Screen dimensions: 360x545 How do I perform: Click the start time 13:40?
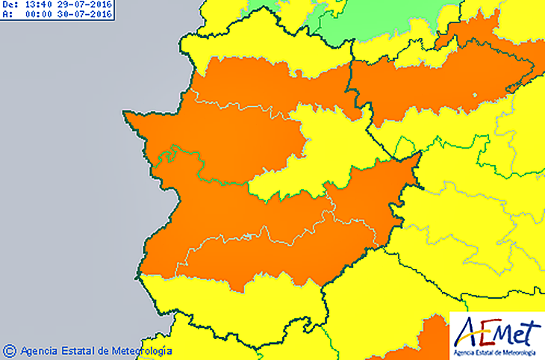[38, 4]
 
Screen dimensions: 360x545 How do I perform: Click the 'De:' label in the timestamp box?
[10, 4]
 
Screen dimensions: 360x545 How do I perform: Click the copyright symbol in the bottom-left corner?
[10, 350]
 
